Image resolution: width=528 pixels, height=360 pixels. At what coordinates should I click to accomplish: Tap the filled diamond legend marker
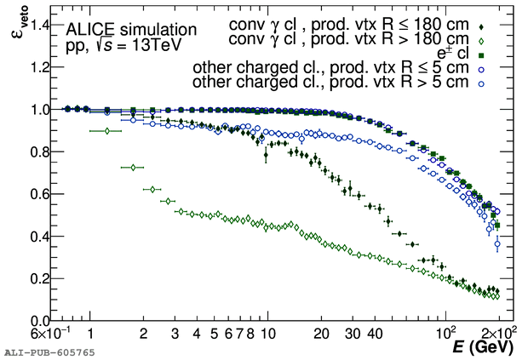483,26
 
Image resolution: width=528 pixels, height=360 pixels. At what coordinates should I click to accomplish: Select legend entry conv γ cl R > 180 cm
348,39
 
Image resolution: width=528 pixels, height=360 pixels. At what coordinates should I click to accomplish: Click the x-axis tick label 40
375,334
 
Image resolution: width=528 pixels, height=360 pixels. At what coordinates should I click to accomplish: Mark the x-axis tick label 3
175,334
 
